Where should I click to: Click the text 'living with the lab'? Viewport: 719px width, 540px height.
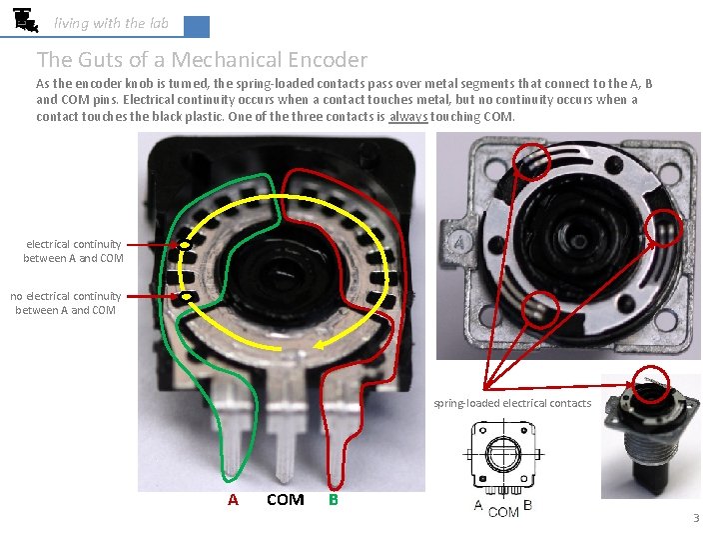tap(111, 23)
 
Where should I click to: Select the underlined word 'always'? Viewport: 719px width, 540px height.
tap(408, 117)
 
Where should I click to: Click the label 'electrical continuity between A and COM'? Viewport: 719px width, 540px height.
tap(73, 251)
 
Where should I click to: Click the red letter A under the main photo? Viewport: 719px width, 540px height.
tap(233, 500)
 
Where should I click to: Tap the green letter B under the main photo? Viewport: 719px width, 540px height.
tap(334, 500)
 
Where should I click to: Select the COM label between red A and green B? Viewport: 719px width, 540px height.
tap(285, 500)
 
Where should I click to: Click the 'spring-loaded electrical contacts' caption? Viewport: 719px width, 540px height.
tap(511, 404)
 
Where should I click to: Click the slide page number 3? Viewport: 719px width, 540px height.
tap(696, 518)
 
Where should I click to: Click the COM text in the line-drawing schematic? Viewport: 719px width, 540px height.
tap(503, 511)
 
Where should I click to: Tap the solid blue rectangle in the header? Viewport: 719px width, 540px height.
tap(197, 26)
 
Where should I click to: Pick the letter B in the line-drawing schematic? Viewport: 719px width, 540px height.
tap(527, 505)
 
